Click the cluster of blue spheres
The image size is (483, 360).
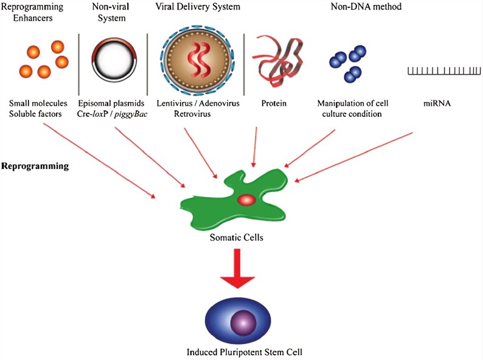click(349, 63)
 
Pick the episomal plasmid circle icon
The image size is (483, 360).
click(113, 60)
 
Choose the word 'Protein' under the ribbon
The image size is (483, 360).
click(273, 103)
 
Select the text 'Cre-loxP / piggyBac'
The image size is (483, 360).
click(114, 114)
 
